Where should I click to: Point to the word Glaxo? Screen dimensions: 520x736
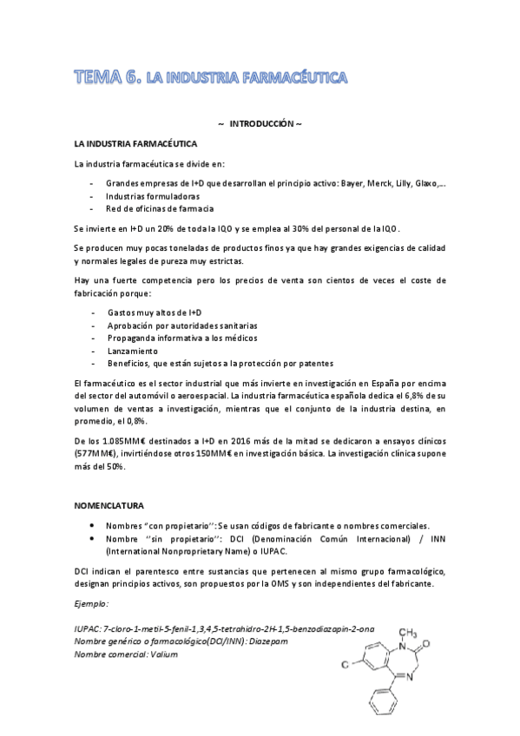pyautogui.click(x=425, y=183)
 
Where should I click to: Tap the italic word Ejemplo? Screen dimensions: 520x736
pyautogui.click(x=90, y=602)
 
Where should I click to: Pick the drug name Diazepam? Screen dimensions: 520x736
pyautogui.click(x=267, y=641)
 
